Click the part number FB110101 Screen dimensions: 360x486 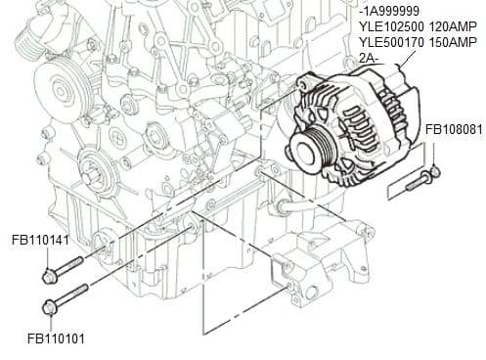pos(55,339)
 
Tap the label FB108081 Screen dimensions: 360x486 pos(453,129)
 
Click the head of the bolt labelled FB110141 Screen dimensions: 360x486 pos(49,277)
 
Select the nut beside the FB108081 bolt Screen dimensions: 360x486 pos(435,172)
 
